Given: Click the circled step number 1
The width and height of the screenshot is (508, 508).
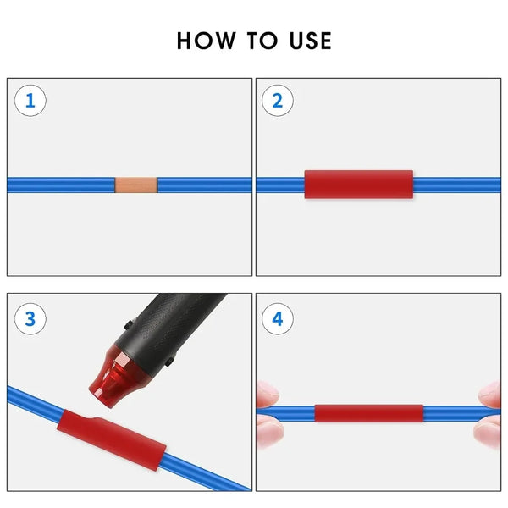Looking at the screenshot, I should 30,102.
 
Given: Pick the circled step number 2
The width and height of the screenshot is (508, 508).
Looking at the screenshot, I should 278,102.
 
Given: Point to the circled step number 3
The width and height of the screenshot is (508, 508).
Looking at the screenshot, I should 30,318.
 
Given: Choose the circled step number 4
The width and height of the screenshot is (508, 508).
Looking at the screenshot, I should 278,318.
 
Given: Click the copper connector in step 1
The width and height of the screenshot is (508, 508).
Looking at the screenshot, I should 135,184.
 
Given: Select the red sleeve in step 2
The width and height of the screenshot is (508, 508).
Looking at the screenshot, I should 359,184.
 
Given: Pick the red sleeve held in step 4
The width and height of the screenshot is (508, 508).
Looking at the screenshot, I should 369,413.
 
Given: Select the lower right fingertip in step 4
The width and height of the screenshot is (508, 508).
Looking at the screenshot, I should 489,433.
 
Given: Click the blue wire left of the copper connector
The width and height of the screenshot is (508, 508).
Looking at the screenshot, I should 59,184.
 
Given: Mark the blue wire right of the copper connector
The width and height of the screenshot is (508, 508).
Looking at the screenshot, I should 203,184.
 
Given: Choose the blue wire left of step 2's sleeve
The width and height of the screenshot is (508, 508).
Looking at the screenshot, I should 279,184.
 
